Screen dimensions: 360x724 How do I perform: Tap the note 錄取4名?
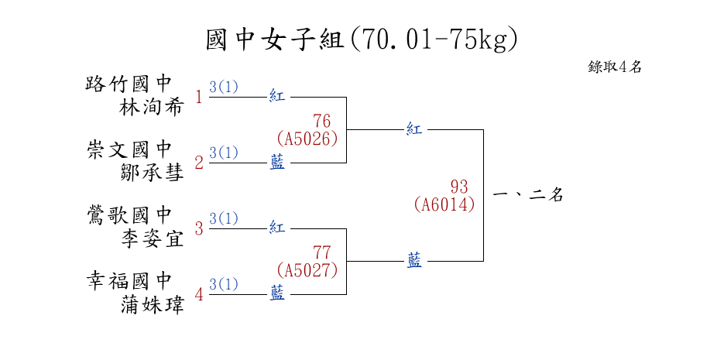point(615,67)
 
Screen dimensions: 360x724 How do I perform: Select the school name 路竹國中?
point(129,83)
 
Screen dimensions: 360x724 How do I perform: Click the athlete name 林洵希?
point(152,107)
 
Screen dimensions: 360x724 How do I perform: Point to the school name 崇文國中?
point(129,149)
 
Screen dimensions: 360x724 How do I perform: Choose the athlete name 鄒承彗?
point(152,173)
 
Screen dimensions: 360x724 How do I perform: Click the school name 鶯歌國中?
point(129,214)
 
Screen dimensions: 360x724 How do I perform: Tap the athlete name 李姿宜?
point(152,238)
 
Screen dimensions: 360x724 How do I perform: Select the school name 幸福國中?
point(129,280)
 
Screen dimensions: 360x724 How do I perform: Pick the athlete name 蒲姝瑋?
point(152,304)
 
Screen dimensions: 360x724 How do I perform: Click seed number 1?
point(199,98)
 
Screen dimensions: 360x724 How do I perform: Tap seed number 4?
point(199,295)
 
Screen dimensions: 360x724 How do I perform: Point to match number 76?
point(322,122)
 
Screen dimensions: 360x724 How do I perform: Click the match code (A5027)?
point(307,270)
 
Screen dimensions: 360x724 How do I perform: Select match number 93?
point(459,187)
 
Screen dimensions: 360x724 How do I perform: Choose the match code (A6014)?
point(444,204)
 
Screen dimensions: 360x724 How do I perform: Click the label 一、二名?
point(527,195)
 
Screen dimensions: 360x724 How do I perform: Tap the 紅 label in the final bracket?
point(414,129)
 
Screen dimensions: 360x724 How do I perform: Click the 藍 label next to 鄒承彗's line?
point(277,163)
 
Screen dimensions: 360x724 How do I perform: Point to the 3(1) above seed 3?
point(224,218)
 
